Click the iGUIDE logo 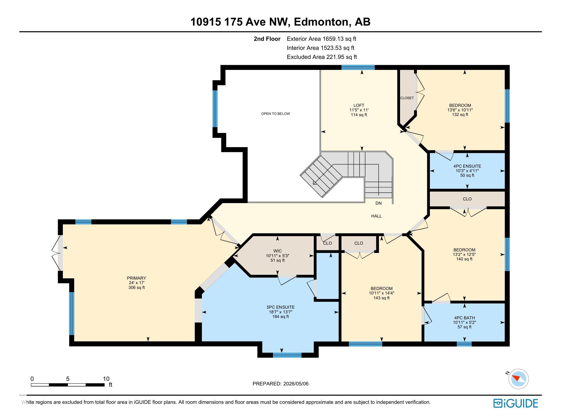click(516, 404)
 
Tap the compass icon click(518, 379)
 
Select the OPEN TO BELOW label click(275, 114)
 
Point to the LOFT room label click(359, 105)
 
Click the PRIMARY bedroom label click(136, 278)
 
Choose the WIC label click(277, 251)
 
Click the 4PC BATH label click(465, 318)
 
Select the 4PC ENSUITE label click(467, 166)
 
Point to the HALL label click(376, 216)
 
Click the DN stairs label click(378, 203)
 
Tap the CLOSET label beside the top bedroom click(407, 98)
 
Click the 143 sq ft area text click(381, 298)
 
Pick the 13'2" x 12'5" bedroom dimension click(464, 254)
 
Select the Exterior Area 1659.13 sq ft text click(321, 39)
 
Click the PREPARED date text click(280, 384)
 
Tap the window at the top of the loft click(358, 67)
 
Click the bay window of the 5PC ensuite click(287, 355)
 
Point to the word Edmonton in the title click(321, 22)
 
